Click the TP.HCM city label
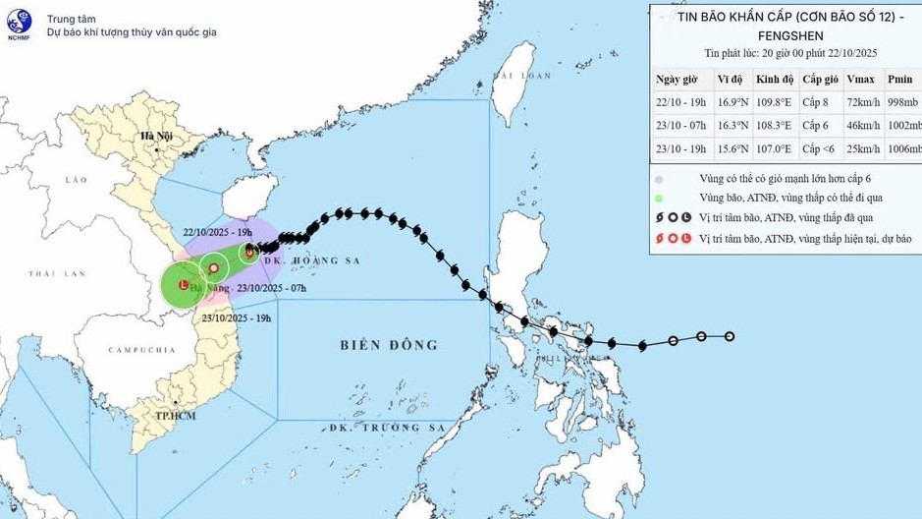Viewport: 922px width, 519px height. coord(177,416)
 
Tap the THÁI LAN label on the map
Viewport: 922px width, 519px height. coord(52,273)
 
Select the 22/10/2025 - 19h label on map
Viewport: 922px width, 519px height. coord(221,233)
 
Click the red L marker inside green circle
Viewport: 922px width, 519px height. coord(184,285)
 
